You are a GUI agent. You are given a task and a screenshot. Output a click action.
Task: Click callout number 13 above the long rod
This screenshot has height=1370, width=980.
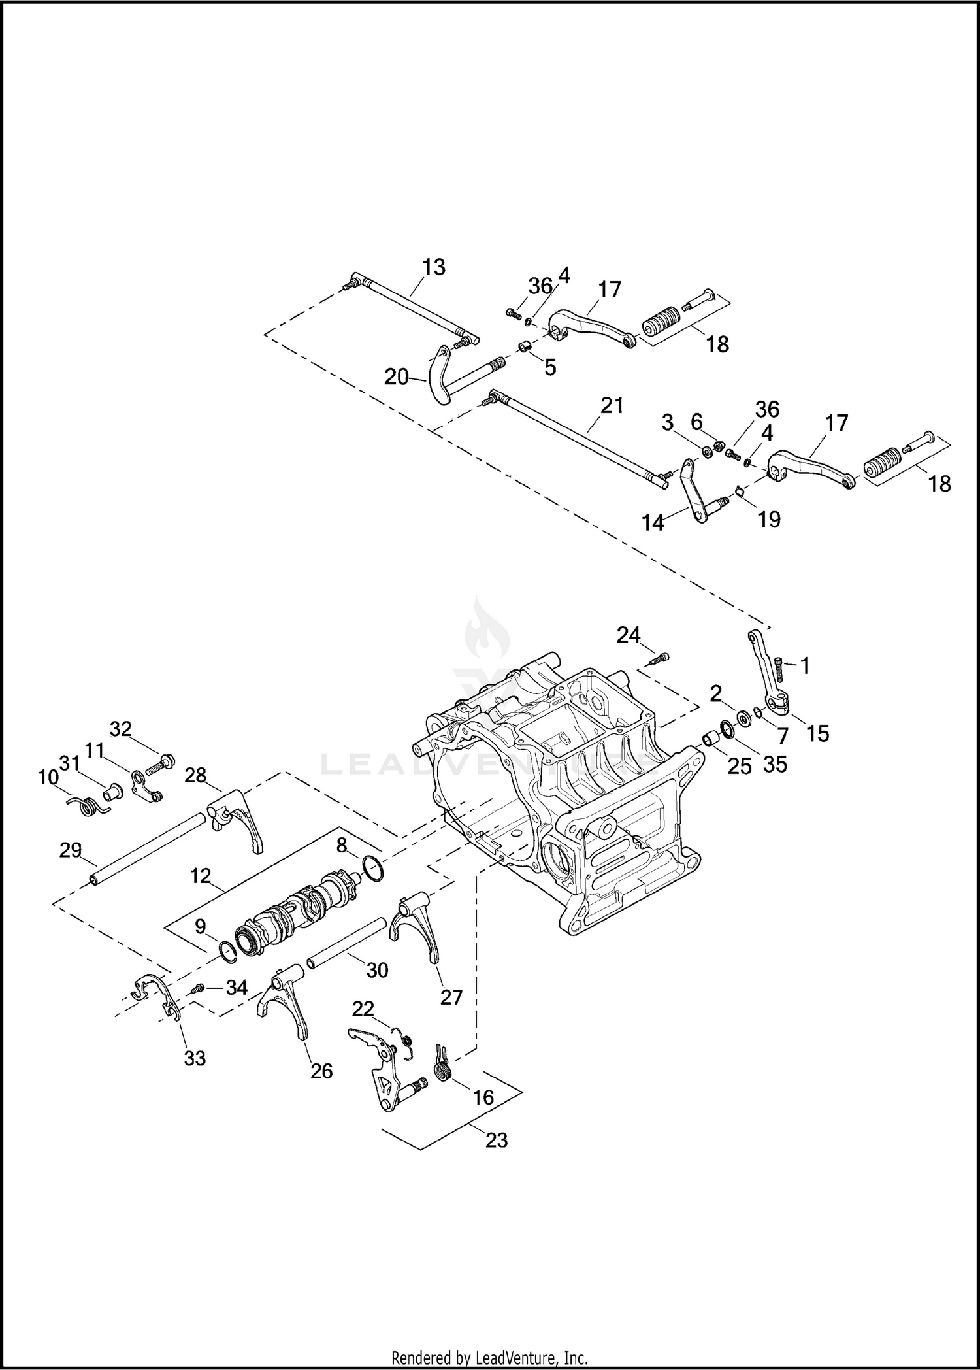[x=434, y=267]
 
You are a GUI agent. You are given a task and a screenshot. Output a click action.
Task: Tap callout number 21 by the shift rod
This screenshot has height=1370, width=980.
[x=612, y=406]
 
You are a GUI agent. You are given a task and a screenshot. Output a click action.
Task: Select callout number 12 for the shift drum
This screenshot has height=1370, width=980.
[x=201, y=875]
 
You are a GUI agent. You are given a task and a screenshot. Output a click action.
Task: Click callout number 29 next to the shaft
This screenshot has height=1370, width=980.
[x=71, y=850]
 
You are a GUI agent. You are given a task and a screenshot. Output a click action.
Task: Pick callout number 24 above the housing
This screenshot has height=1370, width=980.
[x=629, y=635]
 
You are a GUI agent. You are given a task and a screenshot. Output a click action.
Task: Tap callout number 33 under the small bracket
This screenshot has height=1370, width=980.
[x=195, y=1058]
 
